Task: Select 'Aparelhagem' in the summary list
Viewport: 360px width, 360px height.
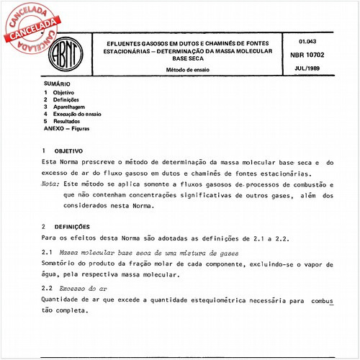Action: click(69, 107)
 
